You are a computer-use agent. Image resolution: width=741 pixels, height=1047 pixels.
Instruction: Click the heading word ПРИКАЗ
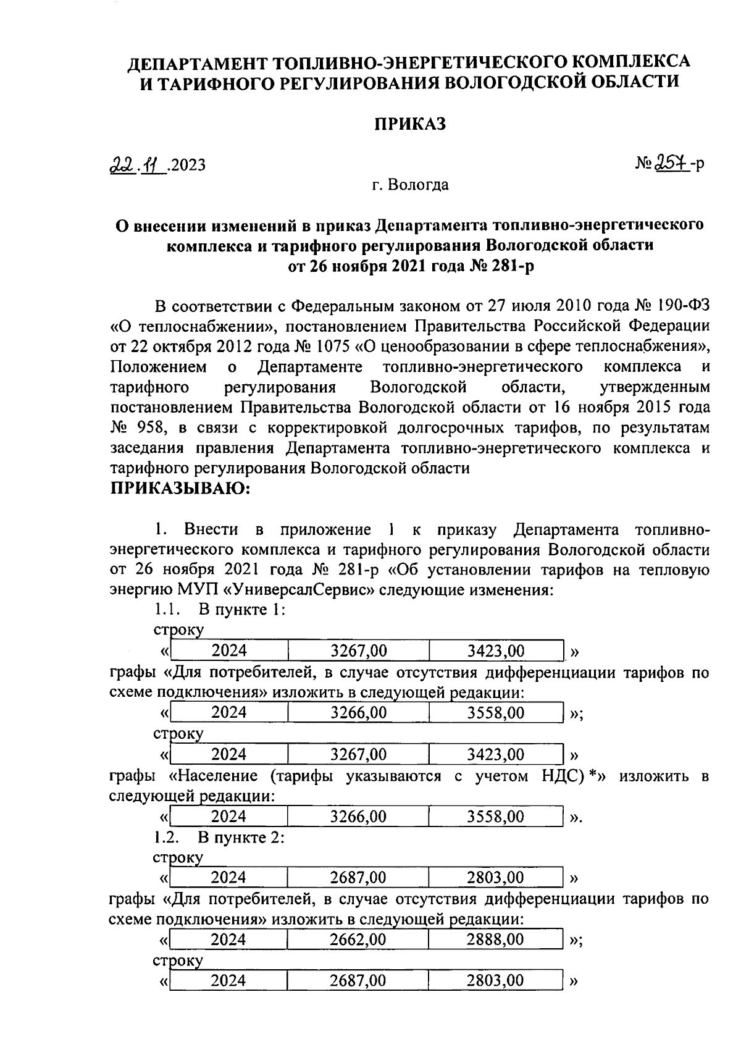(x=410, y=124)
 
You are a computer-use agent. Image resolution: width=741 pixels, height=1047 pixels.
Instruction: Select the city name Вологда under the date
(x=419, y=185)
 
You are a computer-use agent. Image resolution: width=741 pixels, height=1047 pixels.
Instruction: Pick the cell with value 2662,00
(x=358, y=940)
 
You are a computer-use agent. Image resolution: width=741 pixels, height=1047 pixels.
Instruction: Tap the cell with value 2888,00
(x=496, y=940)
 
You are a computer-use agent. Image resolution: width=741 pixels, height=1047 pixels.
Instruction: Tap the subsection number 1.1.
(x=166, y=610)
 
